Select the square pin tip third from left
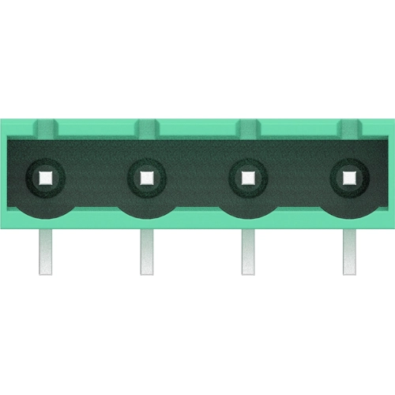248,176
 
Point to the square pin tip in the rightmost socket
349,176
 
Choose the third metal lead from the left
248,251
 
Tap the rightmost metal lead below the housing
349,251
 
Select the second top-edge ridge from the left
147,126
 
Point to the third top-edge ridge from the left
248,126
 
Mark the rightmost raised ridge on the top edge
349,126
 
